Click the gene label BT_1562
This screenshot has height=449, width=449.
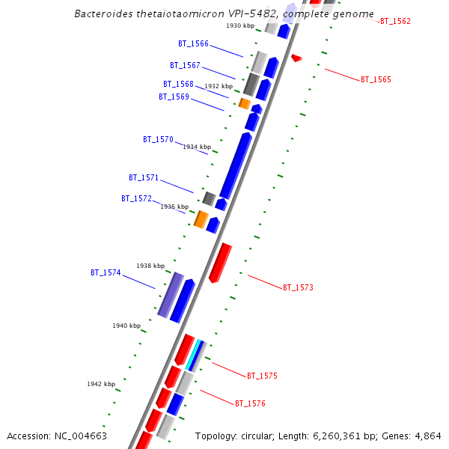395,22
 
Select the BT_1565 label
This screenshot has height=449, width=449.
376,79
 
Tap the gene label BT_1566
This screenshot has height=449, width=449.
194,44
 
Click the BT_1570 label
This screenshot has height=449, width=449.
158,140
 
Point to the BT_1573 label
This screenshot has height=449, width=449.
298,287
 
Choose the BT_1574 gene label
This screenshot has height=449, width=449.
106,273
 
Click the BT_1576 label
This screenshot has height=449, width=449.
250,403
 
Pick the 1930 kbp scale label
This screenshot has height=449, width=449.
240,26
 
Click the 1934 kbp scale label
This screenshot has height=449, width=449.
196,147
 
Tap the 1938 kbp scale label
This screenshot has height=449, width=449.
150,266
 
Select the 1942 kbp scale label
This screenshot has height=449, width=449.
101,384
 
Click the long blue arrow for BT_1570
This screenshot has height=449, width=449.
235,165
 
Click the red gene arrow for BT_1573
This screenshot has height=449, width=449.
220,263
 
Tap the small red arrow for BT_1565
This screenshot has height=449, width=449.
296,58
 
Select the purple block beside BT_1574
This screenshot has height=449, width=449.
171,295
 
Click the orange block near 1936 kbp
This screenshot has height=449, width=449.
201,219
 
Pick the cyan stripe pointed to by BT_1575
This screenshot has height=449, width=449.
194,355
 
